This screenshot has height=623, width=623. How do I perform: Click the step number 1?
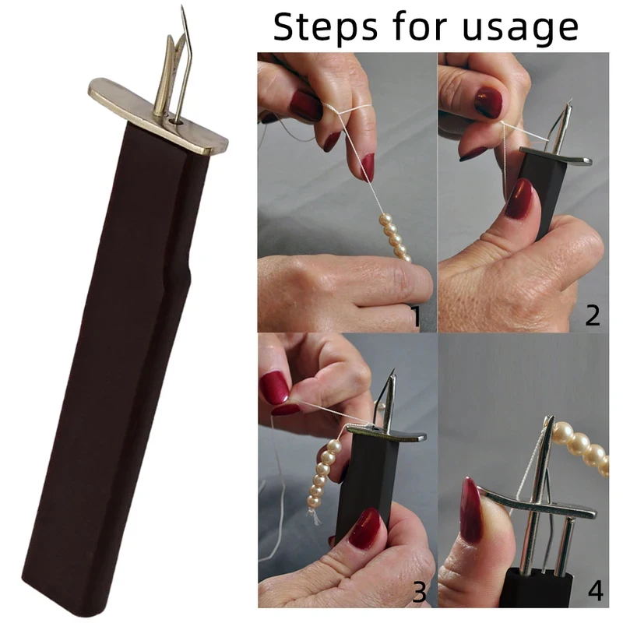pos(416,315)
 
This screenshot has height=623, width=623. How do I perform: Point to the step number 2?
pos(593,315)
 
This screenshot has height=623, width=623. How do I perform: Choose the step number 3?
pos(419,593)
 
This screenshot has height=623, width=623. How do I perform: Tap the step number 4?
pos(595,591)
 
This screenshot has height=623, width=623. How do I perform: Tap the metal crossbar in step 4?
pos(537,502)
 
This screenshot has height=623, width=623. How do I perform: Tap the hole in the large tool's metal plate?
pos(174,120)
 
